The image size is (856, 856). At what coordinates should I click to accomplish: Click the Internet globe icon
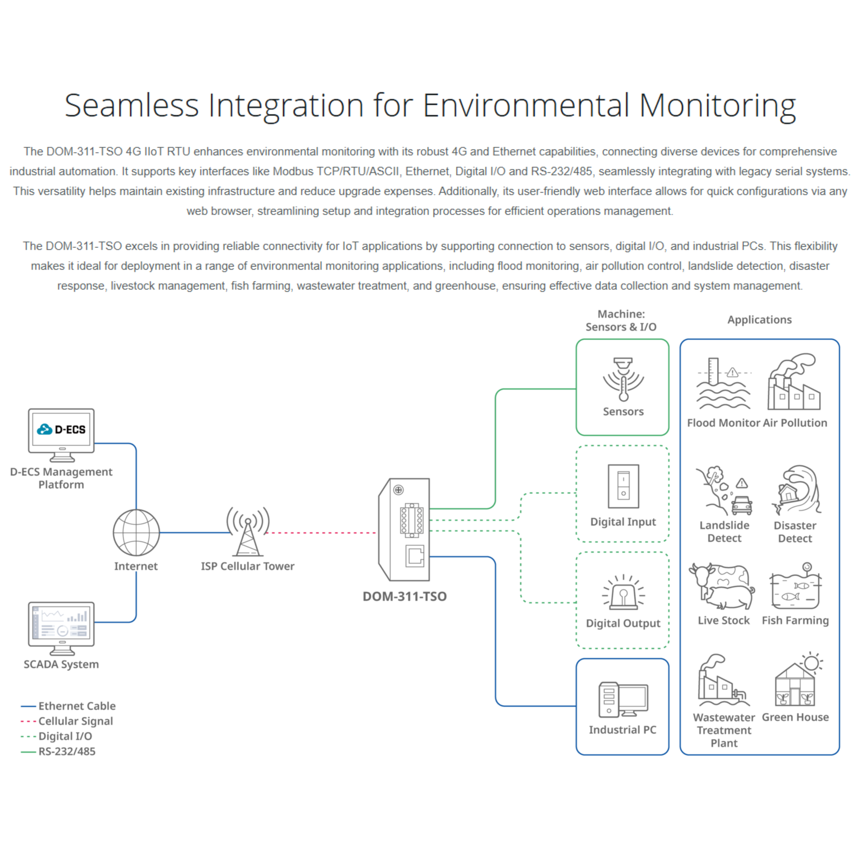pos(136,533)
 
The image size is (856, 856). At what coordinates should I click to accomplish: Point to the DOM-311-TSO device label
pos(405,596)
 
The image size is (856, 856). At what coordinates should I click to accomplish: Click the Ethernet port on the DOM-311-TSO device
pos(415,556)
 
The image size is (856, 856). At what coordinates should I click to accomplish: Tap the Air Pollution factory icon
pos(794,382)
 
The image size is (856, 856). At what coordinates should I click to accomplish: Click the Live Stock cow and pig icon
pos(722,586)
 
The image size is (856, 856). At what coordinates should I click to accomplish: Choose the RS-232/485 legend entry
pos(66,751)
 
